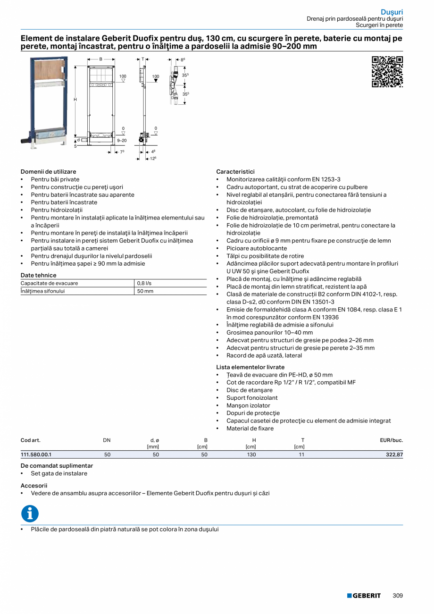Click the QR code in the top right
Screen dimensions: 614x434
[x=387, y=72]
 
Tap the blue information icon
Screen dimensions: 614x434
[x=30, y=513]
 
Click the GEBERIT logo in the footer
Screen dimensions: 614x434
[x=364, y=596]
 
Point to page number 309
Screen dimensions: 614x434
[x=398, y=596]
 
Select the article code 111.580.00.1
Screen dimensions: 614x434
[x=36, y=454]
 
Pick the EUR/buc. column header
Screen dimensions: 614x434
[x=392, y=440]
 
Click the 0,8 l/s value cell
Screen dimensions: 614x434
[x=144, y=283]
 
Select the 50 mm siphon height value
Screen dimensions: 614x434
[x=145, y=291]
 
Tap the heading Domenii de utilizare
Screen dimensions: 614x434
[x=48, y=172]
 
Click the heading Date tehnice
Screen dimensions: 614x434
[x=38, y=275]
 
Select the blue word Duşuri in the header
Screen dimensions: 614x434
[x=392, y=12]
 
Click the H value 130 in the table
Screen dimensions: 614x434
[x=251, y=454]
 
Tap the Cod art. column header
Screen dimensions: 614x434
[x=31, y=440]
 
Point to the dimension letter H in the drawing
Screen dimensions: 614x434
[x=75, y=100]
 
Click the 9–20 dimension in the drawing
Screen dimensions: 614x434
[x=122, y=141]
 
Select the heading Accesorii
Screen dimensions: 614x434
[x=34, y=485]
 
